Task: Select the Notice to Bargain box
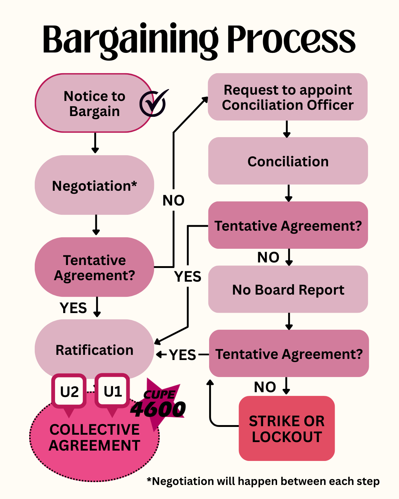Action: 94,103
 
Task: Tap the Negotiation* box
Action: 94,185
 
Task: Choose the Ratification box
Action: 94,349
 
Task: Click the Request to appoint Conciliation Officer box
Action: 287,97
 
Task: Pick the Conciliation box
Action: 288,161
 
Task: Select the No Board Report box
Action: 288,289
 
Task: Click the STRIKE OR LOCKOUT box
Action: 287,428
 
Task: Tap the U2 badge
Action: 69,392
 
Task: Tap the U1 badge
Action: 112,391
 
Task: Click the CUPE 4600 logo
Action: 159,405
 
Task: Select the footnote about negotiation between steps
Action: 263,481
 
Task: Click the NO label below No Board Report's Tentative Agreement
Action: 265,387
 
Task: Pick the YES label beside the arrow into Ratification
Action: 183,355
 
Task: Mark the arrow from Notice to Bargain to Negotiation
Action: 95,143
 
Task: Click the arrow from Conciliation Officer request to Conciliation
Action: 287,129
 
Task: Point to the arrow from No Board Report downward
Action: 289,321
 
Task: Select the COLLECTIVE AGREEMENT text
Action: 95,437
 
